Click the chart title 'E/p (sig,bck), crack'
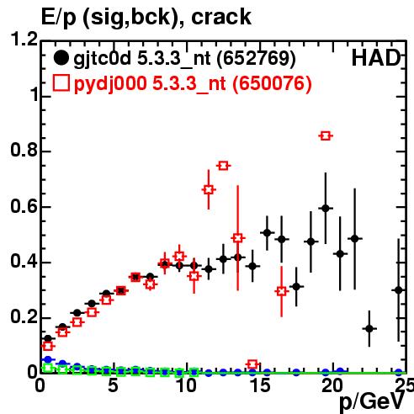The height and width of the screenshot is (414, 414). [146, 18]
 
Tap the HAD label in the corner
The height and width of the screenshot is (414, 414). [376, 58]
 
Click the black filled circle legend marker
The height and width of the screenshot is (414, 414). [61, 58]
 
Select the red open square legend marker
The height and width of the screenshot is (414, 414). [61, 83]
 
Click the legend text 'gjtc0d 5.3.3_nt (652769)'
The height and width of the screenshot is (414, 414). [184, 59]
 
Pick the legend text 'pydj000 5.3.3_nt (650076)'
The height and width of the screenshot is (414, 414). [193, 83]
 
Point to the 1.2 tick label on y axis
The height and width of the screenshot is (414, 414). [24, 39]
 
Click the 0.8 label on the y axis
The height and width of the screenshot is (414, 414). [24, 150]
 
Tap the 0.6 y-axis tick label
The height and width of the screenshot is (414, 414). [24, 206]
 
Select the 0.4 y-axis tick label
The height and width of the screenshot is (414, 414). [24, 261]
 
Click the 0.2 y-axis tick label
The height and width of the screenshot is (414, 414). [24, 316]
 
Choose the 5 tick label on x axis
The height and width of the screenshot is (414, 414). [113, 385]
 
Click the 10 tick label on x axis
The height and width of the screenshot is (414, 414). [186, 385]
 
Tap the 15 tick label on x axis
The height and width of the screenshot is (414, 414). [259, 385]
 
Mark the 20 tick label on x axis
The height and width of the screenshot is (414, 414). [332, 385]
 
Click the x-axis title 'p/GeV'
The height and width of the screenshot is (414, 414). [372, 401]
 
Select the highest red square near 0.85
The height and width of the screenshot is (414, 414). [326, 136]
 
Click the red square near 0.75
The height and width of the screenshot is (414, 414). [223, 166]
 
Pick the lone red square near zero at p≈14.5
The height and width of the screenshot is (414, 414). [252, 364]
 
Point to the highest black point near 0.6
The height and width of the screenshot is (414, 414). [326, 209]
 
